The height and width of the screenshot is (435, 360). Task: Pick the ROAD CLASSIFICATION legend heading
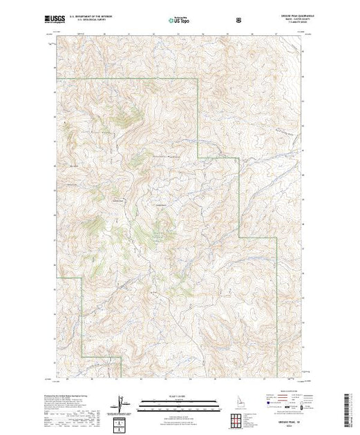[280, 391]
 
